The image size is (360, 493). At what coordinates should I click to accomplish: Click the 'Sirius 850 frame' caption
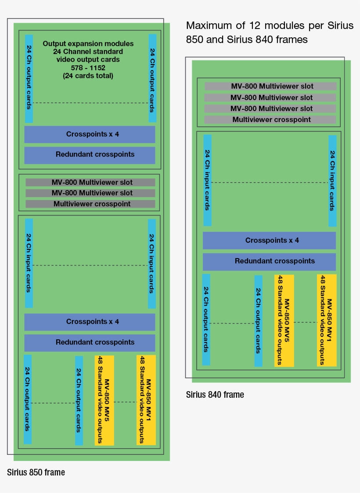[36, 473]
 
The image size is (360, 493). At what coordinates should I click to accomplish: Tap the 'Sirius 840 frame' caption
[215, 395]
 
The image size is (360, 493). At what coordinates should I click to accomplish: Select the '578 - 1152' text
[88, 68]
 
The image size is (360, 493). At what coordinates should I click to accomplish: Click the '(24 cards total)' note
[88, 76]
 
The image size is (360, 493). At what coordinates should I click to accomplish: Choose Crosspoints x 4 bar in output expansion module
[90, 134]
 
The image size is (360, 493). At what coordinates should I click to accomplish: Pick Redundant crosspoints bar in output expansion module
[90, 155]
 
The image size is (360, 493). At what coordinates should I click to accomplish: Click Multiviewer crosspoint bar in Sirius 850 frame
[90, 204]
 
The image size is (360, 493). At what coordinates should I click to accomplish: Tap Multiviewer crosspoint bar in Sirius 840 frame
[270, 119]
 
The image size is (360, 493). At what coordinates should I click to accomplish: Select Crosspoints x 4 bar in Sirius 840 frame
[269, 241]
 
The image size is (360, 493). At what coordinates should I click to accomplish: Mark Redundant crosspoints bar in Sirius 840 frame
[269, 261]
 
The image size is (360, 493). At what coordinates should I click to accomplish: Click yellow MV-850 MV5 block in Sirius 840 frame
[284, 320]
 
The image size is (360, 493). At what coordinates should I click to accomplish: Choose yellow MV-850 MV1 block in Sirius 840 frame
[327, 320]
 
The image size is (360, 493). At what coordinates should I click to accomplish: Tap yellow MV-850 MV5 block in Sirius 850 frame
[104, 400]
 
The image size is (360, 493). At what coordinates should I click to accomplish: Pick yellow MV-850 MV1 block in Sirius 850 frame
[146, 400]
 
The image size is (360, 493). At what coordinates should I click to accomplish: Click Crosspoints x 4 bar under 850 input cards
[90, 322]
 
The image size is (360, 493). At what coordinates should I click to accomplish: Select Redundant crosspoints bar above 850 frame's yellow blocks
[90, 342]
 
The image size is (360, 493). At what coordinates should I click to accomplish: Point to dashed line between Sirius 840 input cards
[270, 183]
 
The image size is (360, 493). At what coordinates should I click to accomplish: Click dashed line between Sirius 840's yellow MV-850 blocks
[306, 322]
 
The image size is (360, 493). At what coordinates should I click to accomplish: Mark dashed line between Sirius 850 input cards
[90, 265]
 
